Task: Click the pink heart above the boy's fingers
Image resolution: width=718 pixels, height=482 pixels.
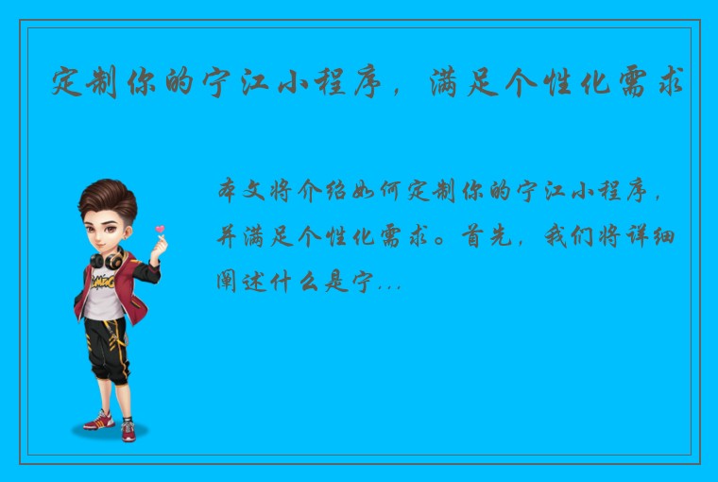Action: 160,229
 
